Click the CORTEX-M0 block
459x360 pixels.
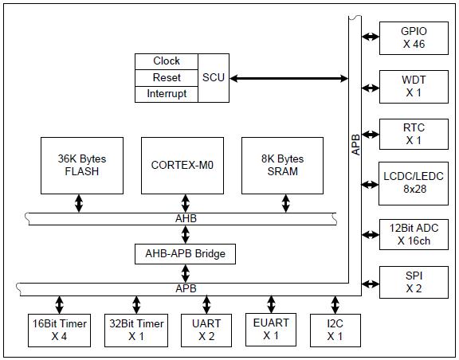[182, 166]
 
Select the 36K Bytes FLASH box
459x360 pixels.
[82, 166]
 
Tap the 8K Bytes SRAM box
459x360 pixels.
[282, 166]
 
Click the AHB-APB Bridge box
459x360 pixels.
[185, 254]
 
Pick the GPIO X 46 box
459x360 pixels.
[414, 38]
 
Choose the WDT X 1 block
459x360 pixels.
[414, 87]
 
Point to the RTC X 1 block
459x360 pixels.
[414, 134]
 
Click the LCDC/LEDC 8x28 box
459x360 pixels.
[414, 183]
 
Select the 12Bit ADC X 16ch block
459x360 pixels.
[414, 234]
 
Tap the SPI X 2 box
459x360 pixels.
[414, 282]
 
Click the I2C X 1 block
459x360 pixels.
[335, 331]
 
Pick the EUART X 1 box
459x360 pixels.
[271, 330]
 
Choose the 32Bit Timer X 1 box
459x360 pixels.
[136, 331]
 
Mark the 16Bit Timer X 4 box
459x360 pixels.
[59, 331]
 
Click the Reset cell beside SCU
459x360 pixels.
[167, 78]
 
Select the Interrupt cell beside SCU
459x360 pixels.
[167, 94]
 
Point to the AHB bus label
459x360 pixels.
[186, 219]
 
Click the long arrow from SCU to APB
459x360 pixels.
[289, 78]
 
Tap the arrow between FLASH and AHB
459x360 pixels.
[78, 203]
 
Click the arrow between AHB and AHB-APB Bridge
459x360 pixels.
[186, 234]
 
